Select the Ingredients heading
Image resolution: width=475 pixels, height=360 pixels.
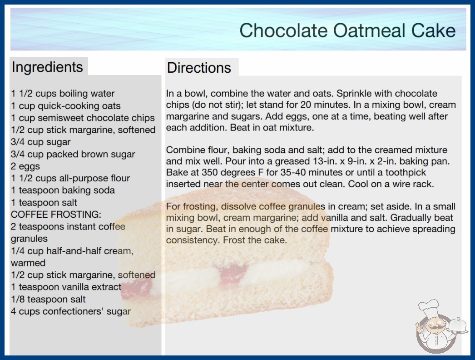pos(47,67)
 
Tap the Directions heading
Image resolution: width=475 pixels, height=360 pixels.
pos(199,68)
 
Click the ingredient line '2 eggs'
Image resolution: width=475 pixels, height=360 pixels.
pos(25,166)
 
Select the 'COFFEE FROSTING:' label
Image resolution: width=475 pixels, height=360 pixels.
pos(56,215)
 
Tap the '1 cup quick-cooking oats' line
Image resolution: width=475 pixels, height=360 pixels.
pos(66,106)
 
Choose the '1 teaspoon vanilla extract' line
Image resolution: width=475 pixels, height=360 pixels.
pos(66,287)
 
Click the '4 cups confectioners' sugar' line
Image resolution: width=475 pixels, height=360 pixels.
pos(71,311)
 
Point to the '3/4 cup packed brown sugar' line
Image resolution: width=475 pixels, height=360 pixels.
pos(73,155)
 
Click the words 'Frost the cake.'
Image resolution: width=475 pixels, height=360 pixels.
pos(255,240)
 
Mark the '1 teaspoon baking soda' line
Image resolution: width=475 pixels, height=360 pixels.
pos(63,190)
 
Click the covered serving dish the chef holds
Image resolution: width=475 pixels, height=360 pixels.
pos(458,325)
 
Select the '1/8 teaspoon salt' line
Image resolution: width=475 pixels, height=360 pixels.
pos(48,300)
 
